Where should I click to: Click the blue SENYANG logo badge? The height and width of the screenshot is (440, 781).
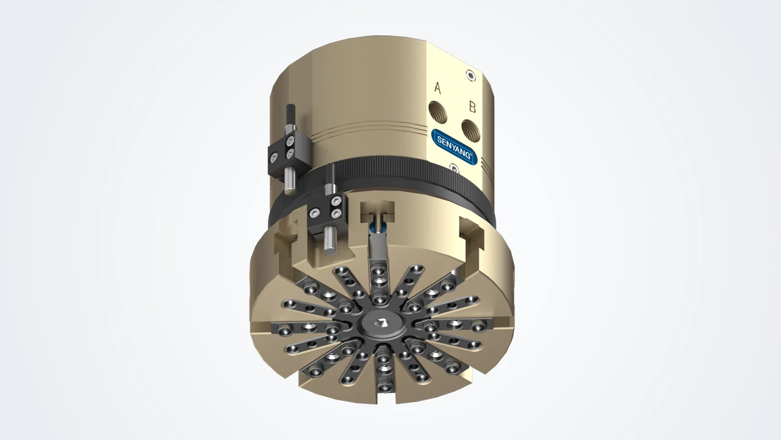tap(454, 146)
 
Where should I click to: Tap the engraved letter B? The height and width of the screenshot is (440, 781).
tap(472, 107)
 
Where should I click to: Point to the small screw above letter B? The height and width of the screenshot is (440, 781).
tap(472, 75)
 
